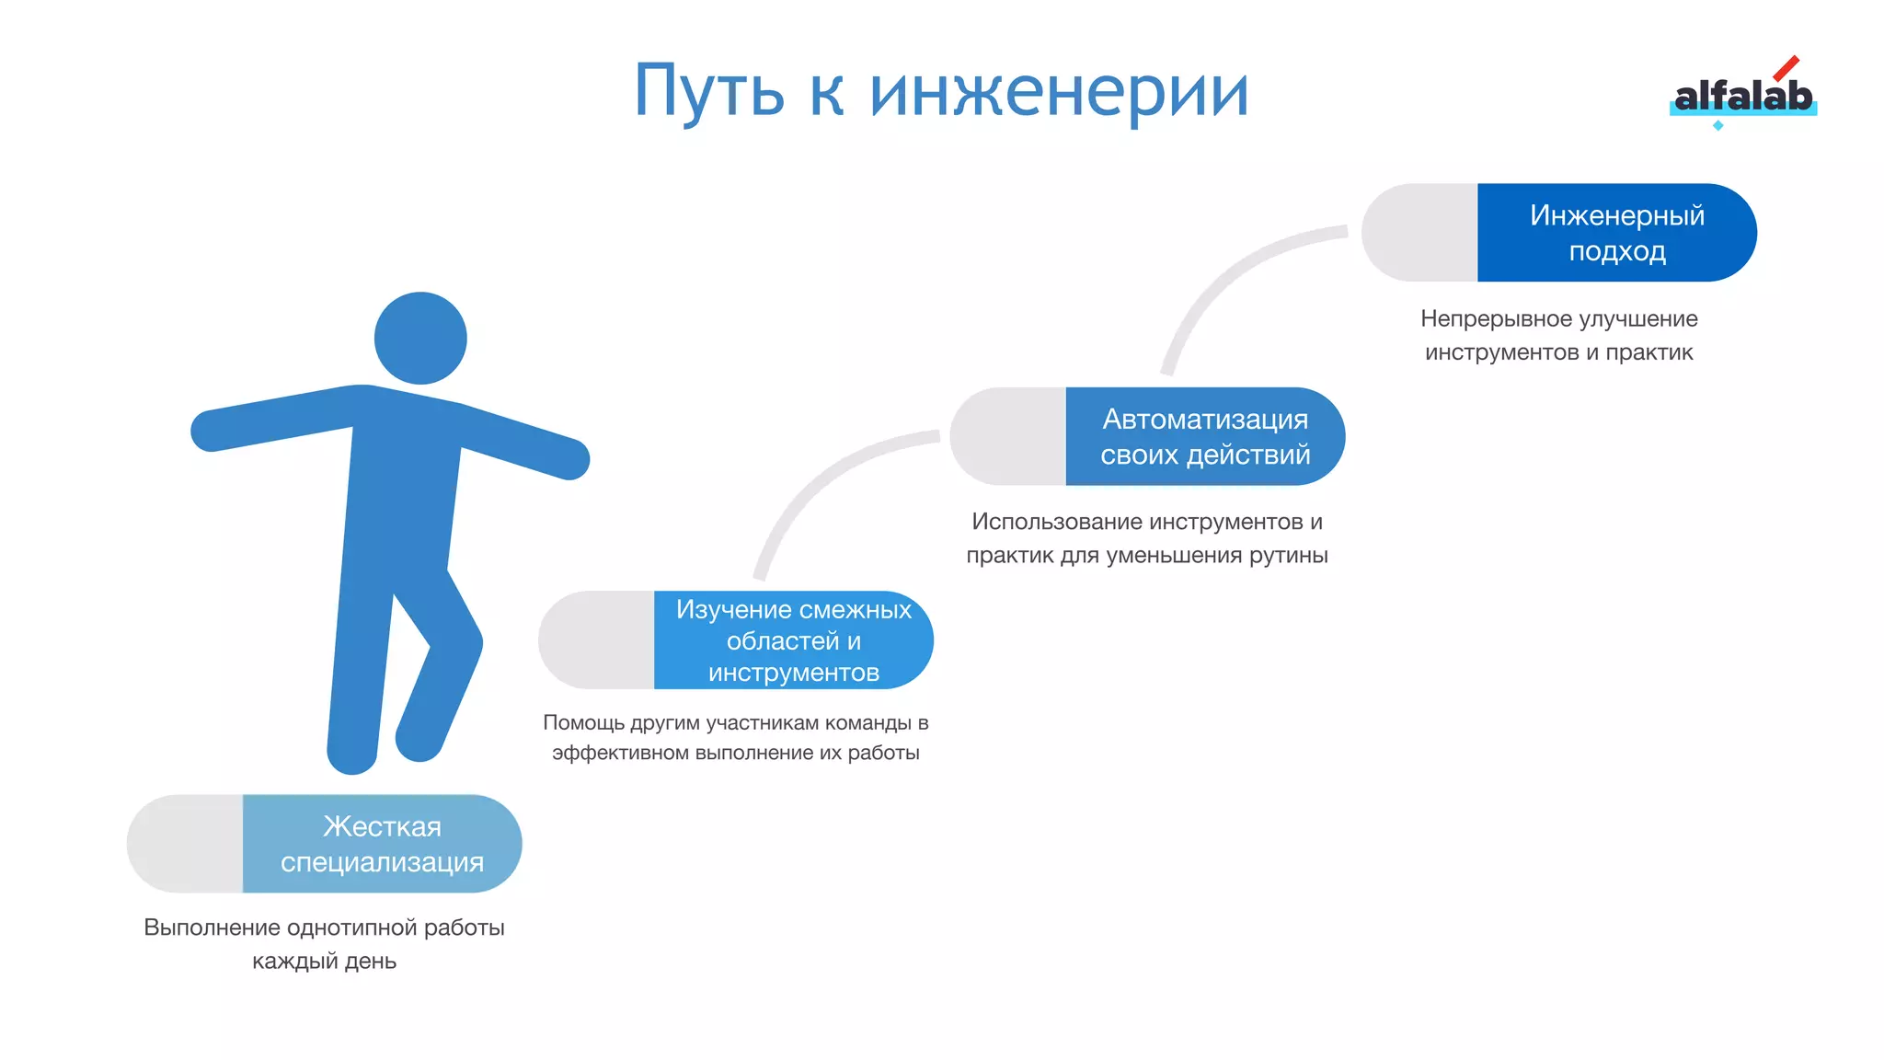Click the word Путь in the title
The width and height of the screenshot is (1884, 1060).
(708, 92)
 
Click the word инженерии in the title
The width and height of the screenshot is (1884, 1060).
(1059, 92)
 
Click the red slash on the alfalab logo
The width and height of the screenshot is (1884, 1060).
(1786, 68)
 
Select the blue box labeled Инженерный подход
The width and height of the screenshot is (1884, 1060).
(1616, 233)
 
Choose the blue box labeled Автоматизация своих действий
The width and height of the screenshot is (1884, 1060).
(1205, 436)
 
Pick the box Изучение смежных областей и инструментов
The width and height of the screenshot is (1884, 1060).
(793, 640)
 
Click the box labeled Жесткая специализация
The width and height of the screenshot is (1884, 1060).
(382, 844)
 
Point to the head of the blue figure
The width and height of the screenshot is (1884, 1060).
(420, 338)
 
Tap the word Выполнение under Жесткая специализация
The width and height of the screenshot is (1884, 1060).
(211, 927)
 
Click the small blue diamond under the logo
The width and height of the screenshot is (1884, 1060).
(1717, 125)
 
